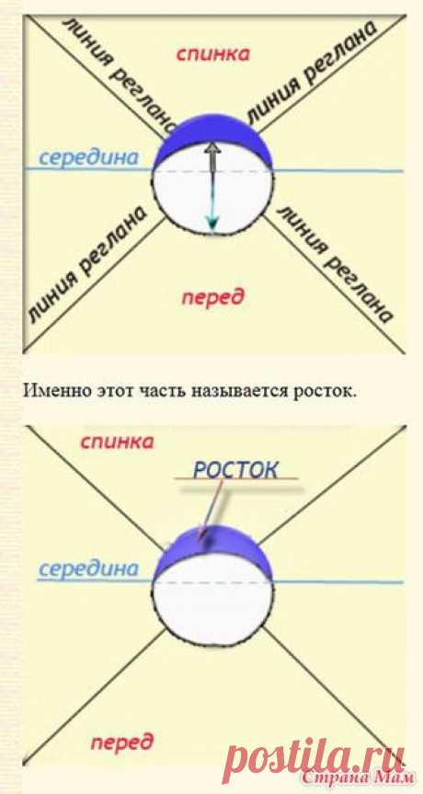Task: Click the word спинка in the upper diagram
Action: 212,53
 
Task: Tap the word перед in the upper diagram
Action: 213,297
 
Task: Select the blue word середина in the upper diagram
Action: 88,157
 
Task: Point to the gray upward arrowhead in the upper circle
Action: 213,149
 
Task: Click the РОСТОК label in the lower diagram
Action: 235,469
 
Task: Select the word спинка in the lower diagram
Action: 117,442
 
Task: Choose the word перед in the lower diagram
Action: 121,742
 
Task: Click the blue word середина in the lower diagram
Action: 88,569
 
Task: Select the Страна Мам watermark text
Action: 356,777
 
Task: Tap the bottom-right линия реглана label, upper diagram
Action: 335,263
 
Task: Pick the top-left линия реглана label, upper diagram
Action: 120,71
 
